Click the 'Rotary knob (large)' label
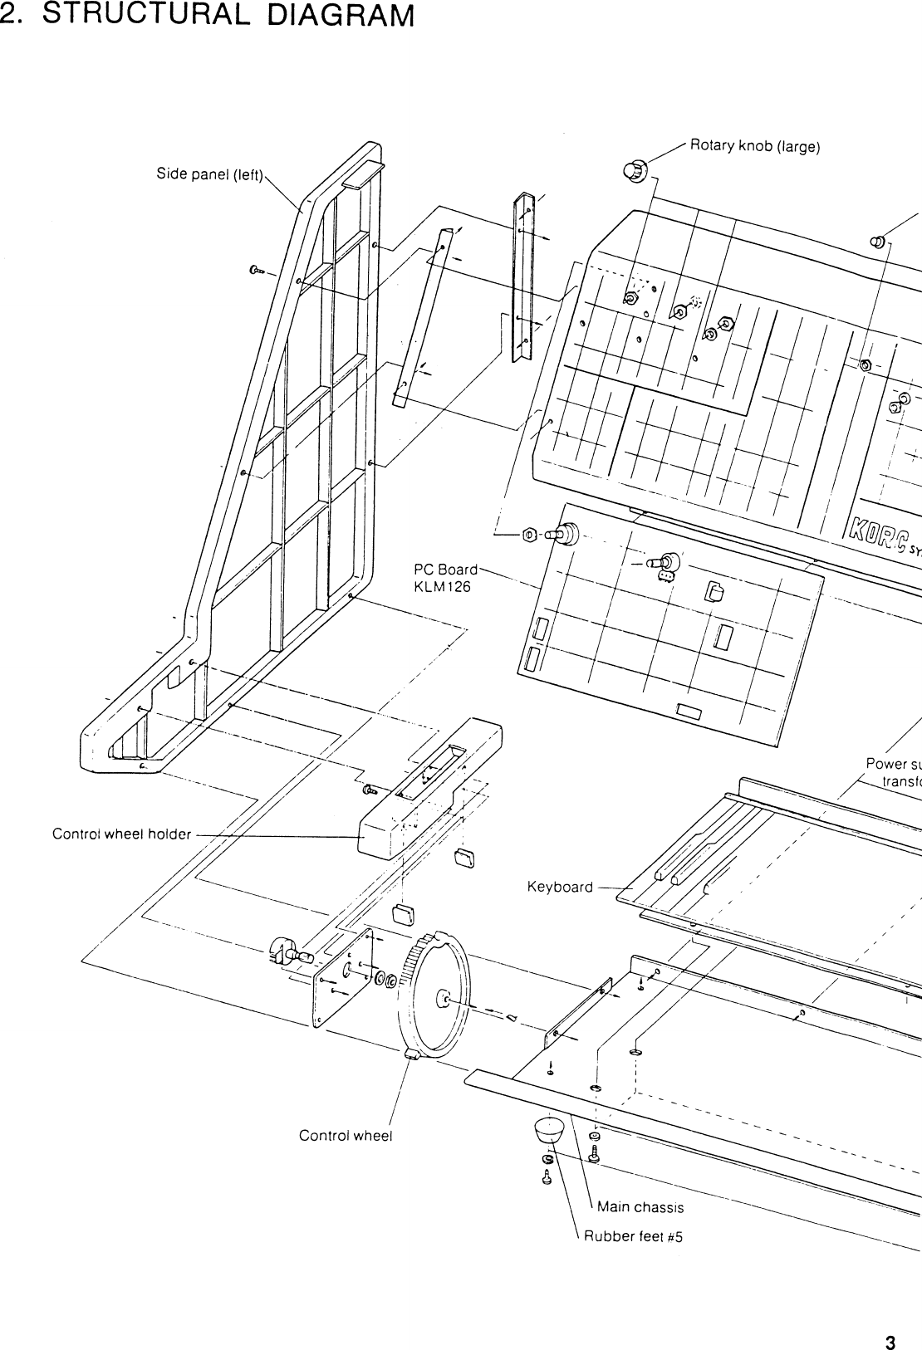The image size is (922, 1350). tap(755, 148)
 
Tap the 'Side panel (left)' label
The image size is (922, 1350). tap(209, 174)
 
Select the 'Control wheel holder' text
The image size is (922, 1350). tap(121, 834)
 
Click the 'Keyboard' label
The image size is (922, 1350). tap(560, 888)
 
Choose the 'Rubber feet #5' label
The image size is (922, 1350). tap(633, 1236)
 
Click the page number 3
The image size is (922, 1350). tap(890, 1320)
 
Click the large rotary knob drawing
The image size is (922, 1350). tap(634, 171)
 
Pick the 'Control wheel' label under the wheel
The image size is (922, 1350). tap(345, 1135)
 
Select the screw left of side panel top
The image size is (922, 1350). tap(256, 270)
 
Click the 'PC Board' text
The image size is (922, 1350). tap(446, 570)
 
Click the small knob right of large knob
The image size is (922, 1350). tap(876, 242)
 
